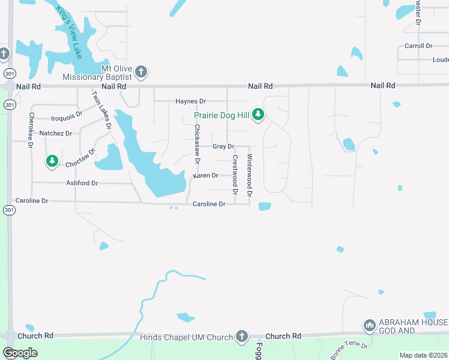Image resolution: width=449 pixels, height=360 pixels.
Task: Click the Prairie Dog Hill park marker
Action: [x=258, y=114]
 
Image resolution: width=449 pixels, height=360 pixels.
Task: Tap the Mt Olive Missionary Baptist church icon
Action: [x=141, y=72]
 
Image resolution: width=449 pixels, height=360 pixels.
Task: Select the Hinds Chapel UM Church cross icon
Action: [x=241, y=336]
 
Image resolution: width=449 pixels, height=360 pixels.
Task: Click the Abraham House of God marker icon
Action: [x=369, y=326]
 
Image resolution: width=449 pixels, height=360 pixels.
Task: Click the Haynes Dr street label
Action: [x=190, y=101]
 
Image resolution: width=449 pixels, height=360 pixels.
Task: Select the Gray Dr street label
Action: [x=223, y=146]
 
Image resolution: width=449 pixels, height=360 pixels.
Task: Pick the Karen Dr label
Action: [x=205, y=176]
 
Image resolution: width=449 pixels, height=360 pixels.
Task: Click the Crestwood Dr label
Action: [x=235, y=175]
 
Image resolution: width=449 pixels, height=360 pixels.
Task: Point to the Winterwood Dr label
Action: [x=250, y=175]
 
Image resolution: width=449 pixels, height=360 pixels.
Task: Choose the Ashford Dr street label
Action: [x=82, y=183]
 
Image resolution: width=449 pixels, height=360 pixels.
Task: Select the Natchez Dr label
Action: [x=55, y=133]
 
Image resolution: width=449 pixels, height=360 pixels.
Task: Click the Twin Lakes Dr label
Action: [x=101, y=110]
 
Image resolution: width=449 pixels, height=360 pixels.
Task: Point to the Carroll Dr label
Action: [x=418, y=46]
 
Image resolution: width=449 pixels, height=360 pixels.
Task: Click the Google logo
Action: [x=20, y=353]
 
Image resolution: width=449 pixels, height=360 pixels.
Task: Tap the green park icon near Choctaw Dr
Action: [x=52, y=161]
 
